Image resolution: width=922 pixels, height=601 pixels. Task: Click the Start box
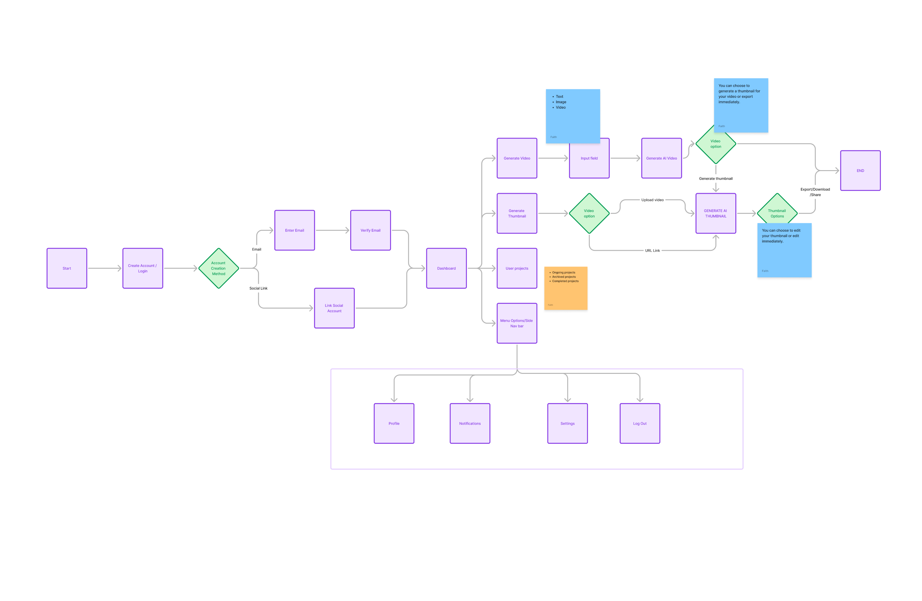click(x=67, y=268)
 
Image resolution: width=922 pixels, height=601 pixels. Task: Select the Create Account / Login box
click(x=143, y=268)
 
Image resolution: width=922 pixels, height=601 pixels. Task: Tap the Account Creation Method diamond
click(x=219, y=268)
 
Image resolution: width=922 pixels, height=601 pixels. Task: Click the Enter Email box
click(x=294, y=230)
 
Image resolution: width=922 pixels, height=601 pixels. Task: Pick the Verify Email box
click(x=370, y=230)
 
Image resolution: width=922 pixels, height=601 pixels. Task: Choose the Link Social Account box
click(x=334, y=308)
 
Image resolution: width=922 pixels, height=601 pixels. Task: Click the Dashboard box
click(x=446, y=268)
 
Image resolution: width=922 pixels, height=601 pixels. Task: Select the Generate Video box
click(x=517, y=158)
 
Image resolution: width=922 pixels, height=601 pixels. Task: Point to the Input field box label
click(x=589, y=158)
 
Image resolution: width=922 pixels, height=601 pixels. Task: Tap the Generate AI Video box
click(x=661, y=158)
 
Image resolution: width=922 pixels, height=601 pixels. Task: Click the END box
click(x=860, y=171)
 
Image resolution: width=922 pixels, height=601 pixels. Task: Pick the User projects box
click(x=517, y=268)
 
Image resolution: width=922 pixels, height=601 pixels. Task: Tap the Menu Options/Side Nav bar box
click(x=517, y=323)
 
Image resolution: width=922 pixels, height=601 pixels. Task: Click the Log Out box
click(x=640, y=424)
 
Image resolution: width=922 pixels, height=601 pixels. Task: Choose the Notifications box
click(x=470, y=424)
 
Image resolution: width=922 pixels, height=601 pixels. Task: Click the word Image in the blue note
click(x=561, y=102)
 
